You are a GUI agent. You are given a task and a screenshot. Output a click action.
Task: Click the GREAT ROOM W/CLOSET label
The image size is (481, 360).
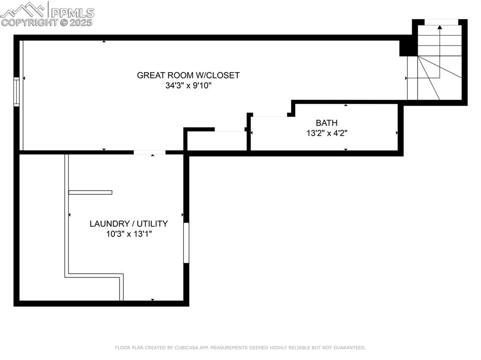[x=188, y=75]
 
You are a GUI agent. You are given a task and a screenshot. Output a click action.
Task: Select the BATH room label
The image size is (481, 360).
[x=326, y=123]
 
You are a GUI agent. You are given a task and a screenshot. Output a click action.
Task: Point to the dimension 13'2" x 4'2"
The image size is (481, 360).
[x=326, y=133]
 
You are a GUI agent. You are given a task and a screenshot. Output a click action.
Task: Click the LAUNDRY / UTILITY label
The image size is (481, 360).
[x=129, y=224]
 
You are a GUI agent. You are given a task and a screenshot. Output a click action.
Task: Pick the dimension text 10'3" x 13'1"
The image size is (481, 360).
[x=129, y=234]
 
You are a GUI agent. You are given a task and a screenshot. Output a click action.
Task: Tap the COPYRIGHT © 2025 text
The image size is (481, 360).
[x=47, y=22]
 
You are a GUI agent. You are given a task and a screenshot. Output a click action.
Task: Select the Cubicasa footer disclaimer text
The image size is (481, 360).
[x=240, y=348]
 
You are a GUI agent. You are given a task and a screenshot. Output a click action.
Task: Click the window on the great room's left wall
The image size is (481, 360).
[x=16, y=92]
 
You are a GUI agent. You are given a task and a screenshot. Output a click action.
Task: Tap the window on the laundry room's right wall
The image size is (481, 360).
[x=186, y=243]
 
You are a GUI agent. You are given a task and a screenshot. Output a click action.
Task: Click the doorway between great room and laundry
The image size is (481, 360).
[x=149, y=152]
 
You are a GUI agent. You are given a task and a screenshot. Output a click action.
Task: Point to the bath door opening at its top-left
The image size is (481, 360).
[x=270, y=115]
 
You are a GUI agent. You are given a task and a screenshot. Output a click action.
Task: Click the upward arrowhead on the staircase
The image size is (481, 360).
[x=440, y=27]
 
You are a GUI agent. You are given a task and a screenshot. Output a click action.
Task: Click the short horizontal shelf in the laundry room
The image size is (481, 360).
[x=90, y=192]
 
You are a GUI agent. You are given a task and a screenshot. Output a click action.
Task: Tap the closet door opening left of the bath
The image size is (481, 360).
[x=230, y=130]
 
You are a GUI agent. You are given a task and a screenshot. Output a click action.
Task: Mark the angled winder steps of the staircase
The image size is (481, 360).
[x=434, y=80]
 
